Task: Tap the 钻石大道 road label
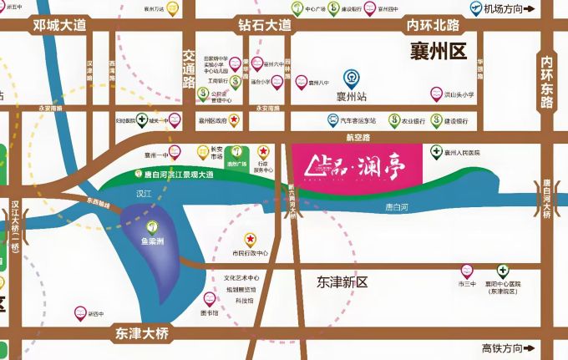(263, 26)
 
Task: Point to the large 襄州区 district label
(438, 53)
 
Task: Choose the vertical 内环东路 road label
(547, 82)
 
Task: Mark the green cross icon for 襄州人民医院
(435, 152)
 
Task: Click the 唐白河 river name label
(398, 205)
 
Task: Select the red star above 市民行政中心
(248, 239)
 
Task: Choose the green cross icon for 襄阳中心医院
(503, 271)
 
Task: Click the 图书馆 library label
(210, 312)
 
